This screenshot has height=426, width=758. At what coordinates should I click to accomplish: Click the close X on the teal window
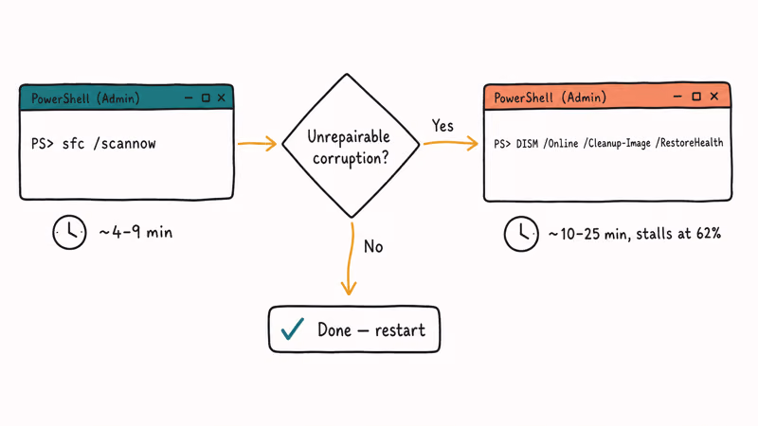222,98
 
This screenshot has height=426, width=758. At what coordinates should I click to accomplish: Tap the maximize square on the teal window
206,98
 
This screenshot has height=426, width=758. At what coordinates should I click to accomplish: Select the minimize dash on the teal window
189,98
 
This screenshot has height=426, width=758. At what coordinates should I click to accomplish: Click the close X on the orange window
714,97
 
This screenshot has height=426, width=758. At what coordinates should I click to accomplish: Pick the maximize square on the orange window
696,97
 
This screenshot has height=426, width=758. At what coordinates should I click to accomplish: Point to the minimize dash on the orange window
677,97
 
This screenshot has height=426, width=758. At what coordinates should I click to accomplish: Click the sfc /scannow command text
109,144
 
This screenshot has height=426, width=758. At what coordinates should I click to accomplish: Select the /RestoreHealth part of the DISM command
690,143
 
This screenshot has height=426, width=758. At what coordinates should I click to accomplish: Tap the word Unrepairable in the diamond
349,136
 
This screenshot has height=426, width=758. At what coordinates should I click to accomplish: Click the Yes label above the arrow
442,126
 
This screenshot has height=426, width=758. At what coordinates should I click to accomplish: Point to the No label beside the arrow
373,246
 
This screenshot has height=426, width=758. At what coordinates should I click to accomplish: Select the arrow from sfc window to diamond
257,144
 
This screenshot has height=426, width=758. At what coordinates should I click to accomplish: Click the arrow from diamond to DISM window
451,143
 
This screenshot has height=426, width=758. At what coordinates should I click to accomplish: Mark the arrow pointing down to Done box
350,258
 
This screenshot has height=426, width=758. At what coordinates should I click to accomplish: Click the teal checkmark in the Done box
293,328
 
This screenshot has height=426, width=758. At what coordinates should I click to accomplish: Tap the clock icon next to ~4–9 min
69,232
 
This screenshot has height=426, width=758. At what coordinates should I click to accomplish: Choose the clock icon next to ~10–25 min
521,234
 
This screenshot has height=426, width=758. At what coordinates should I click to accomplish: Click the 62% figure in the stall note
709,234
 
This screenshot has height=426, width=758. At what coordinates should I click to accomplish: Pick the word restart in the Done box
400,330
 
